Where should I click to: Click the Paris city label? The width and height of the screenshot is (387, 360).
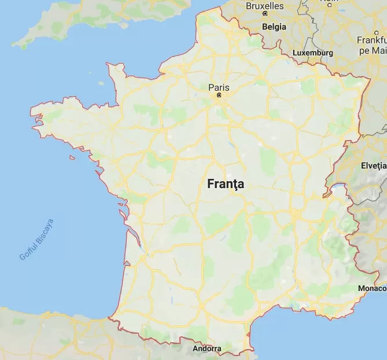219,87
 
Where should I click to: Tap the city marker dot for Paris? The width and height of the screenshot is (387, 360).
219,95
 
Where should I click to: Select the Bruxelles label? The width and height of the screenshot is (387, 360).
264,6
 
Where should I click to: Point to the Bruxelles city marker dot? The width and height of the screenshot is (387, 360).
265,13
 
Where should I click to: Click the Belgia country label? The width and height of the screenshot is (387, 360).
274,27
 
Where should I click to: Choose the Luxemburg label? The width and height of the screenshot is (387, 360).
313,53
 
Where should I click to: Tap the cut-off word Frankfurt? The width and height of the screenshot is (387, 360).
372,41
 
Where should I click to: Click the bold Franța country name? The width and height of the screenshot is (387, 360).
226,185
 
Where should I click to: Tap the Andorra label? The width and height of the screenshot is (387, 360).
207,349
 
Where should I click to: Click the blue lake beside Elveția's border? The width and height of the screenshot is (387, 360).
336,189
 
